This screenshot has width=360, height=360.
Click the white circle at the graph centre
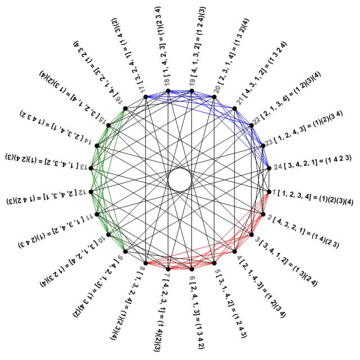point(180,180)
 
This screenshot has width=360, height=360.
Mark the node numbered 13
point(91,168)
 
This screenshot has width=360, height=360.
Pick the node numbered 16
point(125,109)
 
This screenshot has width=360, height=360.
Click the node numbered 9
point(125,251)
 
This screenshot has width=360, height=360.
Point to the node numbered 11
point(97,214)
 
